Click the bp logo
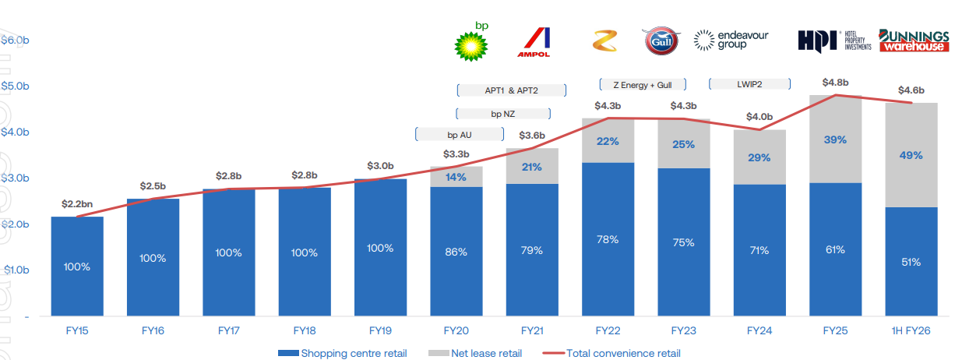(x=471, y=42)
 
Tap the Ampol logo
(x=534, y=42)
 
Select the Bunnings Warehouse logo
(x=914, y=41)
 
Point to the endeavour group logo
(x=730, y=40)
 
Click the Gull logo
(x=661, y=41)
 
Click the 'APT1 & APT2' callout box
(x=511, y=90)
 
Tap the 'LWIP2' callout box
(x=749, y=84)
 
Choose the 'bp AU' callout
(x=459, y=135)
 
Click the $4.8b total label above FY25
(x=835, y=82)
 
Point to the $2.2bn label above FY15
(x=77, y=204)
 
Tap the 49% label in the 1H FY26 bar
(x=911, y=155)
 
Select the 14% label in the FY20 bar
(x=456, y=177)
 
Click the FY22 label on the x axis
(x=608, y=330)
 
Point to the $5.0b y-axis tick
(x=15, y=86)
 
